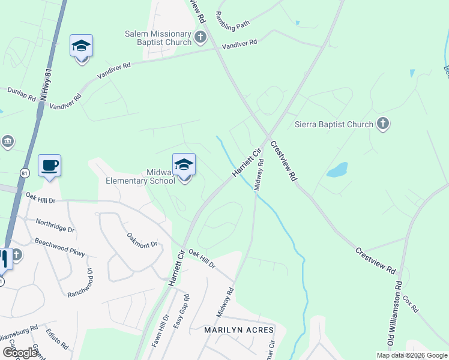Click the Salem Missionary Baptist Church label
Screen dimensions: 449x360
158,38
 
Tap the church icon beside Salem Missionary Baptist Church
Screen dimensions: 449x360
200,38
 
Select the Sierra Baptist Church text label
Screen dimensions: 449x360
333,125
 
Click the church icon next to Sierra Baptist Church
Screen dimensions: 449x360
383,124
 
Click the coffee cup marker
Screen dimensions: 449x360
49,165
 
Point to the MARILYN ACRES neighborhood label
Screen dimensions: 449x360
239,330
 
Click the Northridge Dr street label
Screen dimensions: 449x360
55,226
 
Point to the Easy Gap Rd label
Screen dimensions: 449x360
181,312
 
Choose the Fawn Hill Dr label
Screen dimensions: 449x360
164,331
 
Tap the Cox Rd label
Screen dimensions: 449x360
411,303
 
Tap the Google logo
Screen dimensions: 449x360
20,353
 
